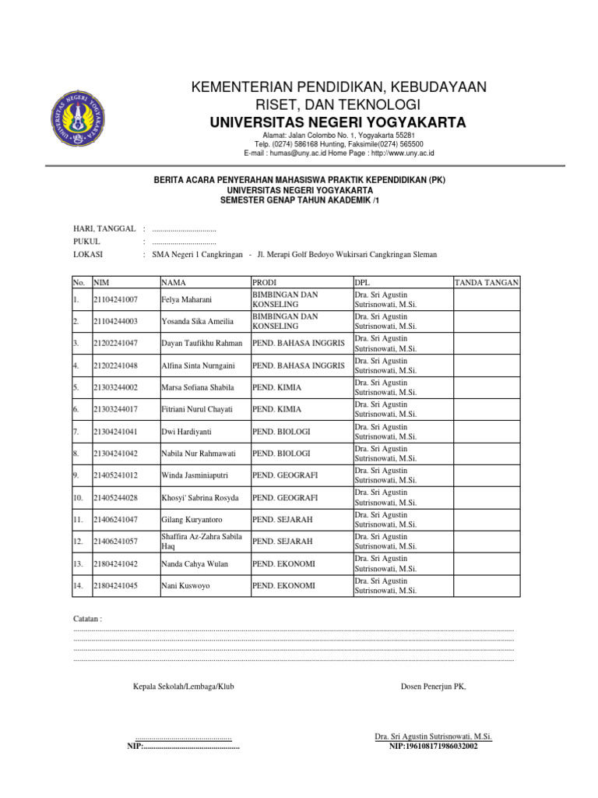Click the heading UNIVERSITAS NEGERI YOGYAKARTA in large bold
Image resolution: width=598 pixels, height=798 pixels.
tap(338, 123)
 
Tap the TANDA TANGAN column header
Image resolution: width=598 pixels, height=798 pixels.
tap(487, 282)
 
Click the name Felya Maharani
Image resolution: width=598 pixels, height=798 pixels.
tap(187, 300)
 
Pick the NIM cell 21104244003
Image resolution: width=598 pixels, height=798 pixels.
tap(115, 322)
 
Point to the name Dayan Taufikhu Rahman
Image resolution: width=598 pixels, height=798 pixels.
tap(202, 344)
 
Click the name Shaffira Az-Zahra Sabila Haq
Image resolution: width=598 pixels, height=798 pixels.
tap(202, 541)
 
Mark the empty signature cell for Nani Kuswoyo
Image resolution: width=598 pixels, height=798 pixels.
tap(487, 585)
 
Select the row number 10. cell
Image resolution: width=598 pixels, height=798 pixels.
tap(78, 497)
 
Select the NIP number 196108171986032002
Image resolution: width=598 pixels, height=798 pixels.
tap(434, 746)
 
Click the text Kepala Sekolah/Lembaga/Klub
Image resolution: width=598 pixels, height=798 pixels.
tap(184, 687)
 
